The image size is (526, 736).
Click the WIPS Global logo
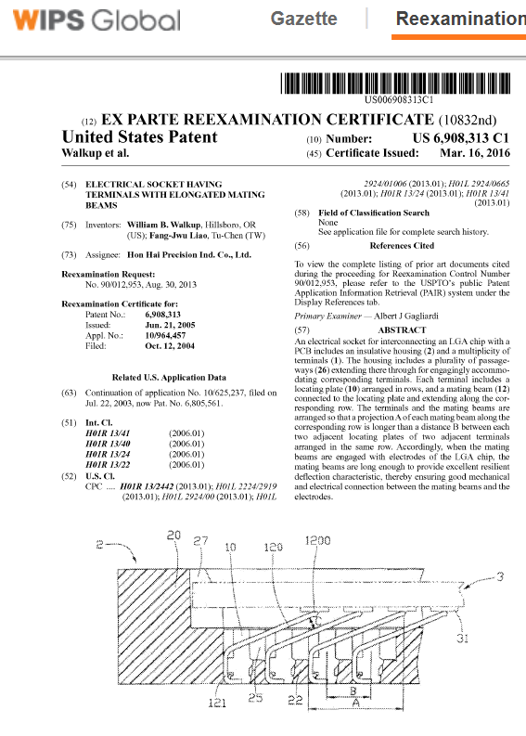92,19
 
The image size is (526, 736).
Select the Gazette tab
303,19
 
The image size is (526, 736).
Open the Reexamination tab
460,19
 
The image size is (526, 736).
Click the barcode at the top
398,83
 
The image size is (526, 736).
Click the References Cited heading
401,246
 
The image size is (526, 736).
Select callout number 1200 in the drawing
320,540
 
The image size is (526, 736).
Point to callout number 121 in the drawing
216,704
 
